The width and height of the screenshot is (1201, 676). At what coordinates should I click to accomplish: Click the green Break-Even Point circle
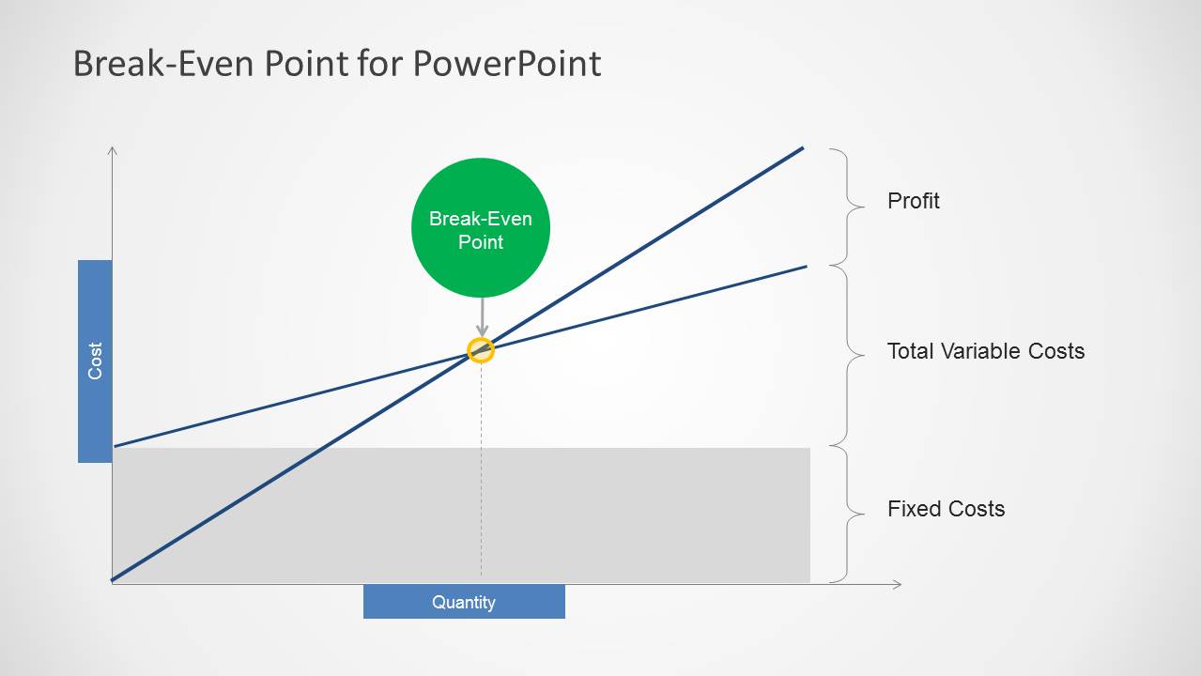(481, 228)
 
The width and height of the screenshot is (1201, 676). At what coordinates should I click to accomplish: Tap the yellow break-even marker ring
(481, 350)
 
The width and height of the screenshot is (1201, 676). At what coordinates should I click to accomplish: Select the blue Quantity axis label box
(464, 602)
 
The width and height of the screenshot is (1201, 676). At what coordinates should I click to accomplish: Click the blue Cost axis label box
(95, 361)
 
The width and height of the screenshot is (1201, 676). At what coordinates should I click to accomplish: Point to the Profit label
(913, 201)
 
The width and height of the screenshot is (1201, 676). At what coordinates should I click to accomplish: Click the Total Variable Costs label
(985, 351)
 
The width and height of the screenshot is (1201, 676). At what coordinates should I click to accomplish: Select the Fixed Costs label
(946, 509)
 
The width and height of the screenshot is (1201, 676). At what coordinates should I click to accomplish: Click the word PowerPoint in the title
(507, 64)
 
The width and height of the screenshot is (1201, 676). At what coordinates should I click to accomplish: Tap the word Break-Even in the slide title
(165, 63)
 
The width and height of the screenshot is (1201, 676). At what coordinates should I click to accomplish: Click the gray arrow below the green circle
(482, 317)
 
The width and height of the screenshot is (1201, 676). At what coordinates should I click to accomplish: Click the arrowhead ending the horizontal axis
(897, 584)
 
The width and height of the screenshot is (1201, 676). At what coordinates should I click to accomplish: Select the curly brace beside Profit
(847, 207)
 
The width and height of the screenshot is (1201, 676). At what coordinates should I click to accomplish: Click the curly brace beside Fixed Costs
(847, 515)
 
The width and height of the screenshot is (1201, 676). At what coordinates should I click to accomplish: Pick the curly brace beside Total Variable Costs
(847, 356)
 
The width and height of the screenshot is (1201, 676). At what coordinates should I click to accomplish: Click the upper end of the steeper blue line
(803, 147)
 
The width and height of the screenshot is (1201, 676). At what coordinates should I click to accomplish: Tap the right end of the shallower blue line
(807, 267)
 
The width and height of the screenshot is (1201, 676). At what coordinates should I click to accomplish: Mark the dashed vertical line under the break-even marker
(481, 470)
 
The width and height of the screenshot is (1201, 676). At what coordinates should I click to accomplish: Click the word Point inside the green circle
(481, 242)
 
